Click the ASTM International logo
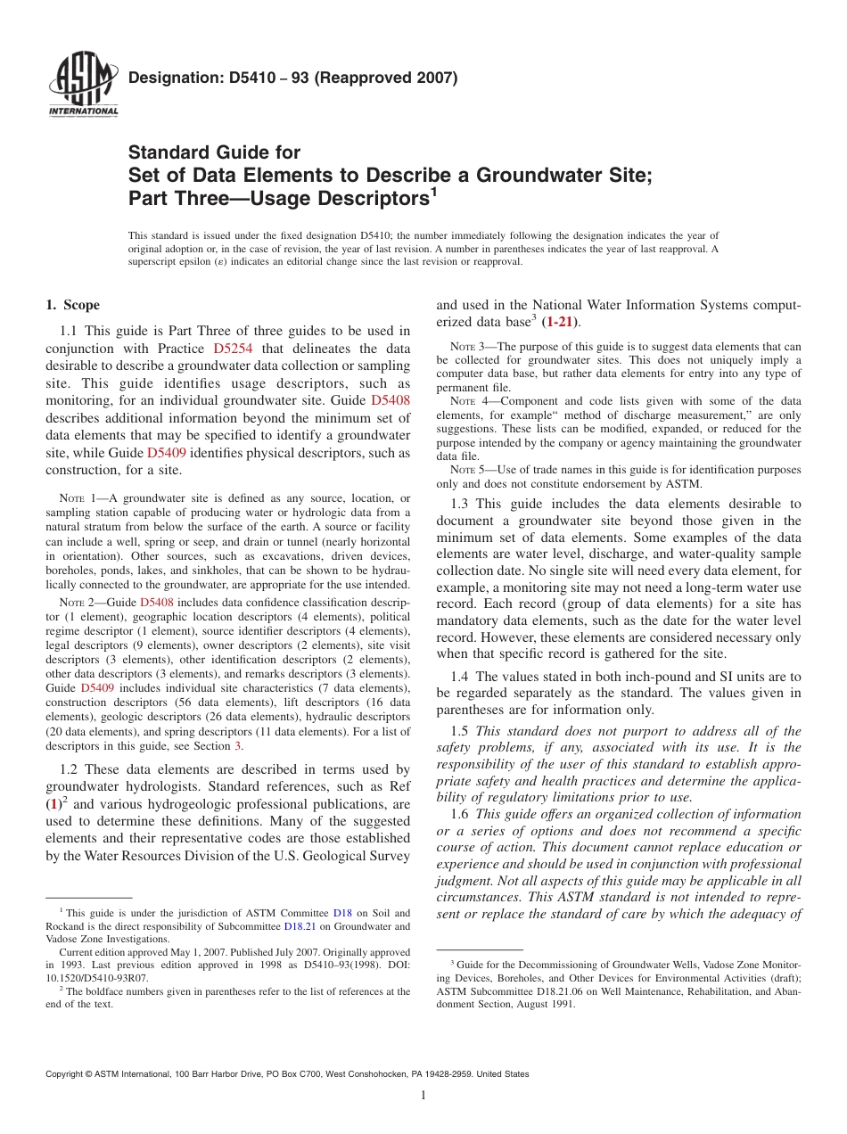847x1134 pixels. pyautogui.click(x=83, y=86)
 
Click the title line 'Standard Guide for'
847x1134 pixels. pyautogui.click(x=214, y=152)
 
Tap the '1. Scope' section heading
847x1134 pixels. pyautogui.click(x=72, y=305)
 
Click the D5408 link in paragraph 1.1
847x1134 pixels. pyautogui.click(x=390, y=400)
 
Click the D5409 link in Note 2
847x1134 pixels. pyautogui.click(x=99, y=688)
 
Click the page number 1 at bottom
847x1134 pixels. pyautogui.click(x=423, y=1096)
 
